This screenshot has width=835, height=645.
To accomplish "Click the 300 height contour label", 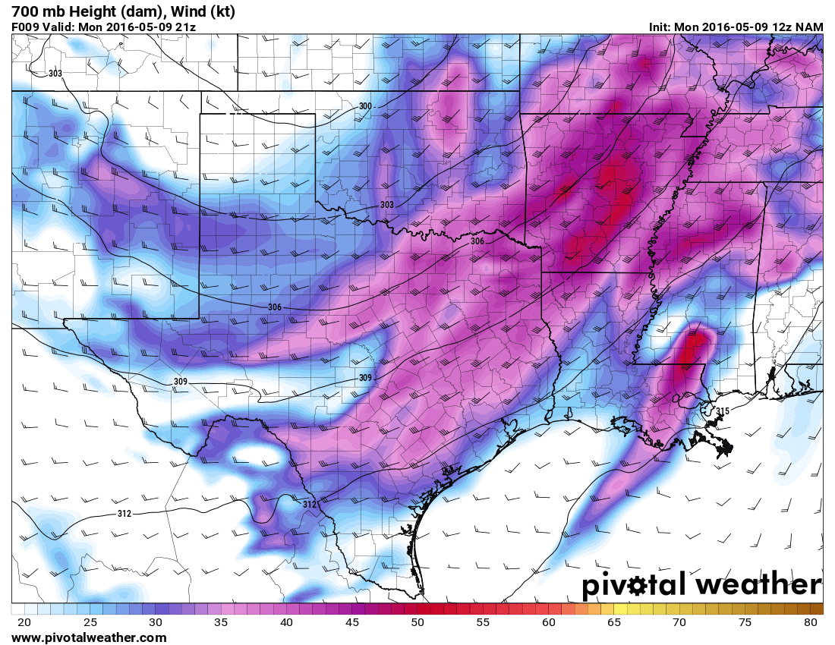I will point(365,106).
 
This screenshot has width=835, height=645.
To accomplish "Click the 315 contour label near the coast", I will point(723,411).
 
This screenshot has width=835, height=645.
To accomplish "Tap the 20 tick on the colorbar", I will point(24,622).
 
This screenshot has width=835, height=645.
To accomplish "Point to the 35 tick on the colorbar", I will point(221,622).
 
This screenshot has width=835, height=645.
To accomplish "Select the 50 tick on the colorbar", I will point(417,622).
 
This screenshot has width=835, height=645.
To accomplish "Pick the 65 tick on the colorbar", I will point(613,622).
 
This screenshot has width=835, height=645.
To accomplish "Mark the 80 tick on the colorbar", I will point(810,622).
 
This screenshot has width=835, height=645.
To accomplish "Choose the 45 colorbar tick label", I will point(351,622).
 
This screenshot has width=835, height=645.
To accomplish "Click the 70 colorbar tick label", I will point(679,622).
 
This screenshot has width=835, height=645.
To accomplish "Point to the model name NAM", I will point(810,27).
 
